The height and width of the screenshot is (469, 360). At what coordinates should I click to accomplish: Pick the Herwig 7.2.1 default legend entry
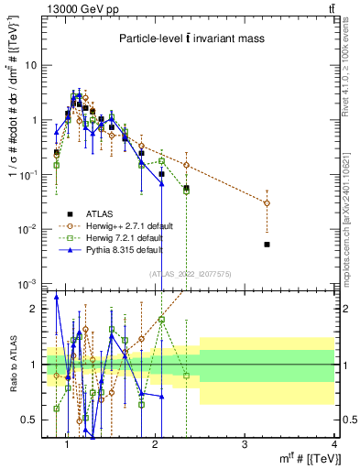pos(119,237)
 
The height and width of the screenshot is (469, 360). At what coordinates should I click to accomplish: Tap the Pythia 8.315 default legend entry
pos(119,249)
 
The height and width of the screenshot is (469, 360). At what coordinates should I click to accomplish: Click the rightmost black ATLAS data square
pos(267,245)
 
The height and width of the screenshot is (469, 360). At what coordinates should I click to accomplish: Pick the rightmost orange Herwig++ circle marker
pos(267,203)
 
